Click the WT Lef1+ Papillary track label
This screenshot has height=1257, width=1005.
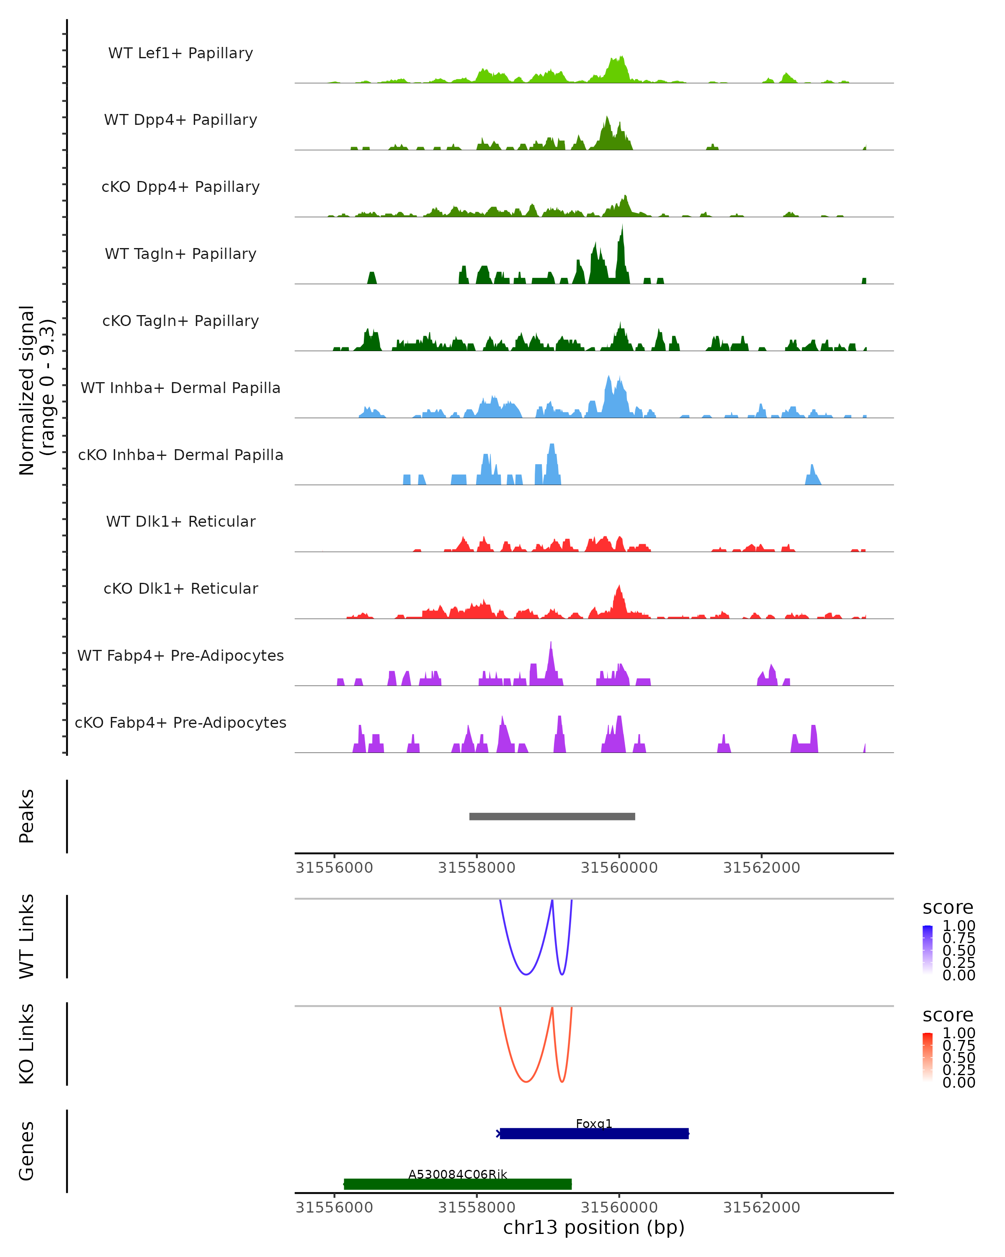[180, 54]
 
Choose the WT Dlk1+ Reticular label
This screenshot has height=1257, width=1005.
[180, 522]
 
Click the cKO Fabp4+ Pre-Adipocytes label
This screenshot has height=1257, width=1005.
[180, 723]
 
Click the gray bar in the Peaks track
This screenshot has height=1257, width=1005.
[552, 816]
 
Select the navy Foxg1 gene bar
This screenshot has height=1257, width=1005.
[594, 1133]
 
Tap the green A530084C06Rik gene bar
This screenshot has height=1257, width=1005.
[457, 1184]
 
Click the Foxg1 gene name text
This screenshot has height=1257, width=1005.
[594, 1123]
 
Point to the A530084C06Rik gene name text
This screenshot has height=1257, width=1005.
[457, 1174]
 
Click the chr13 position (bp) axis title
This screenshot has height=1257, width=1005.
[594, 1227]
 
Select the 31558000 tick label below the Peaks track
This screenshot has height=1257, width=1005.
[477, 868]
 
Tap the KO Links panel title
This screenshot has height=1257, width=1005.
[27, 1044]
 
